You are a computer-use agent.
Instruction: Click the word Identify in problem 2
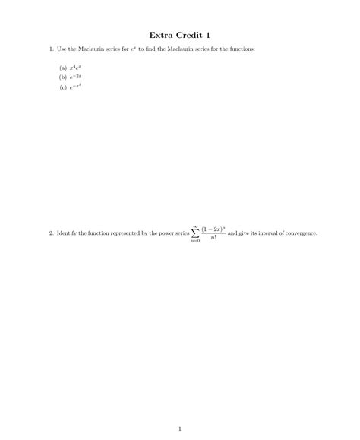[67, 233]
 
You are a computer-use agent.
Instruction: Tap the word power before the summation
[172, 233]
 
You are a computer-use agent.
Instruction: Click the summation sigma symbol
[195, 233]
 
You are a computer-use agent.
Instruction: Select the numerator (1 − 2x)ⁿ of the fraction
[213, 228]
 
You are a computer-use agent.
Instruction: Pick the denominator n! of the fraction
[213, 239]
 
